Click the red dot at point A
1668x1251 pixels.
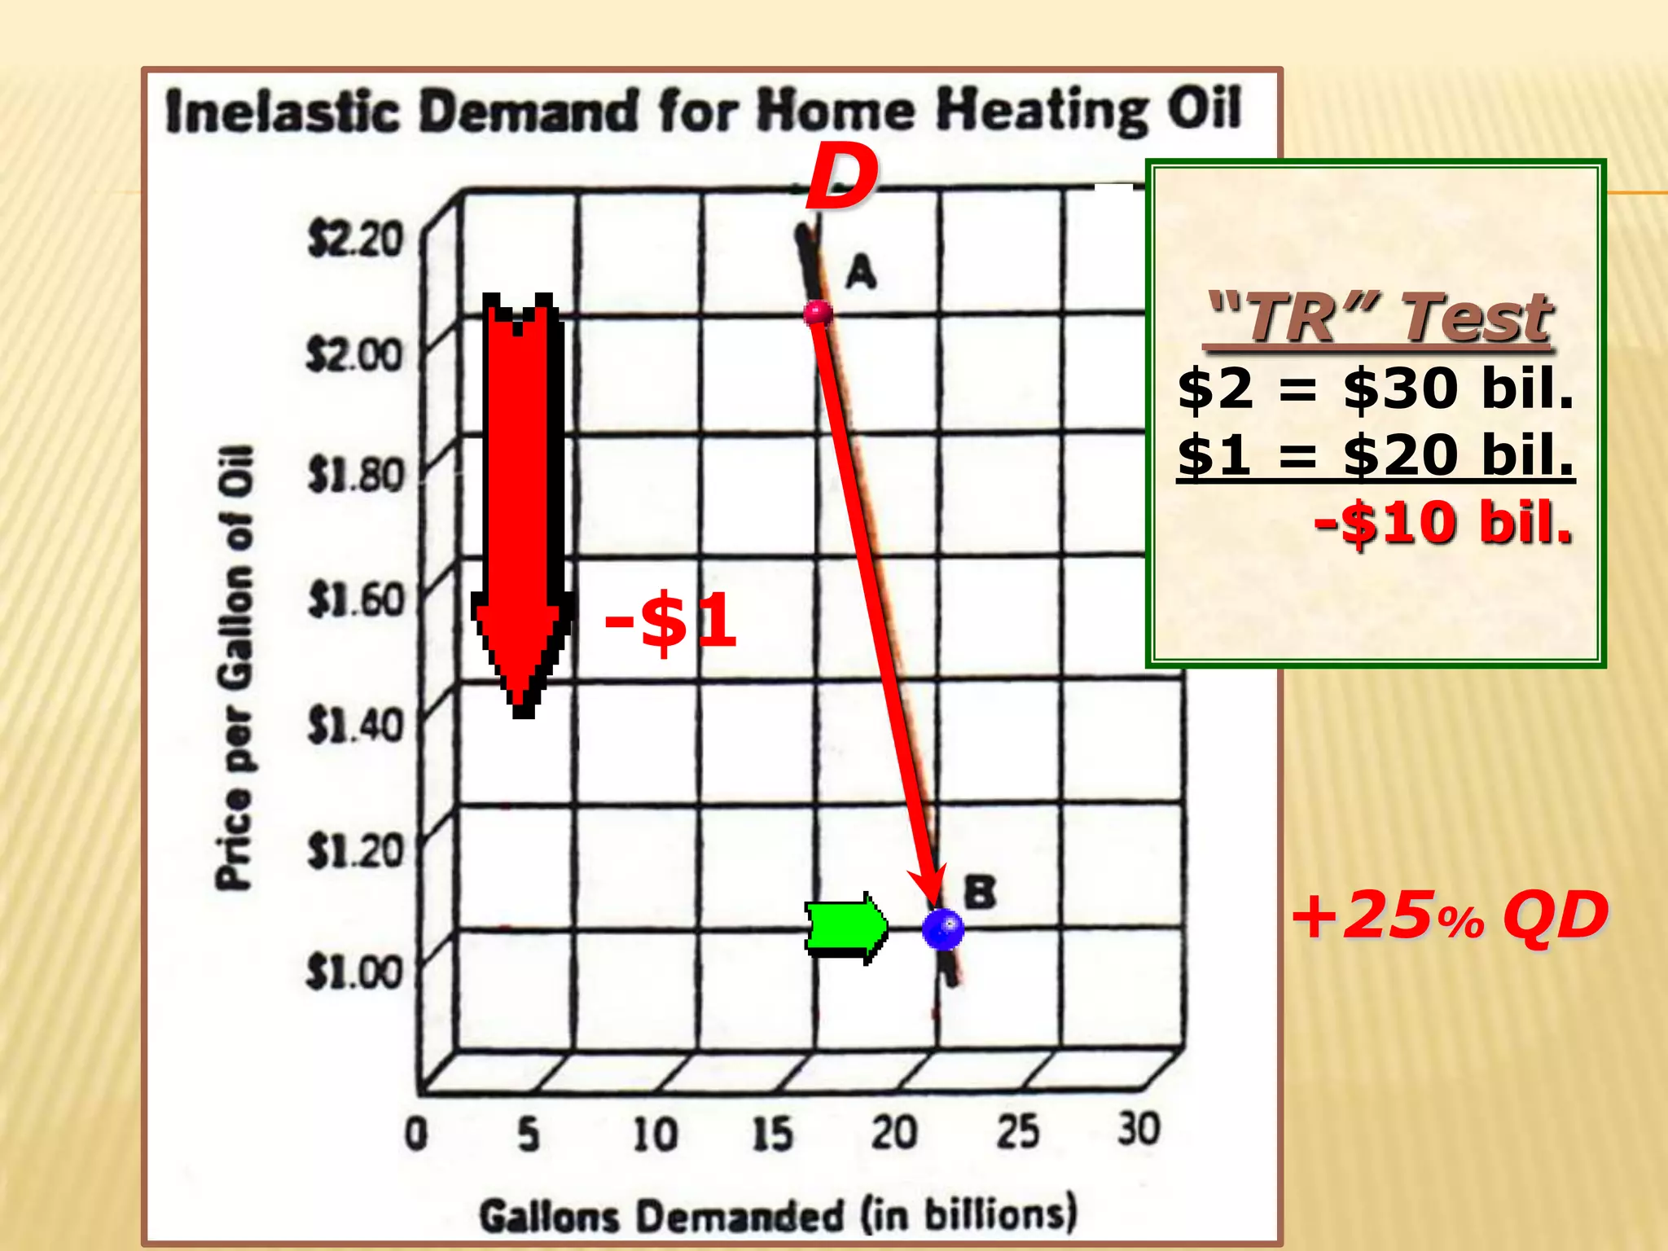(x=817, y=313)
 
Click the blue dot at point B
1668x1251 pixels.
(x=943, y=928)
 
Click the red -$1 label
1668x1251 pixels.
(x=670, y=621)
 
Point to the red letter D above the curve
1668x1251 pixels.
(x=841, y=178)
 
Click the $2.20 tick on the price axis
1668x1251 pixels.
(x=355, y=239)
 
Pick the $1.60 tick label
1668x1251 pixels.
(x=356, y=600)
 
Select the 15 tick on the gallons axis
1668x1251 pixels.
(x=772, y=1133)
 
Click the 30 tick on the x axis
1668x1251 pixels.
(x=1138, y=1130)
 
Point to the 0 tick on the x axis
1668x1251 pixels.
(x=416, y=1133)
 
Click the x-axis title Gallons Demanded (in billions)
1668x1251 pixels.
(x=778, y=1215)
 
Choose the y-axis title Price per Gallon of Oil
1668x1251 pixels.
(x=235, y=668)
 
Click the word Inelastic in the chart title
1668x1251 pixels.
(x=283, y=112)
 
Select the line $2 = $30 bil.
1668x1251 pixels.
(x=1375, y=388)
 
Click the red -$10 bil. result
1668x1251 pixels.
(x=1442, y=522)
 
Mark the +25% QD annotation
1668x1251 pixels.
(x=1450, y=916)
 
